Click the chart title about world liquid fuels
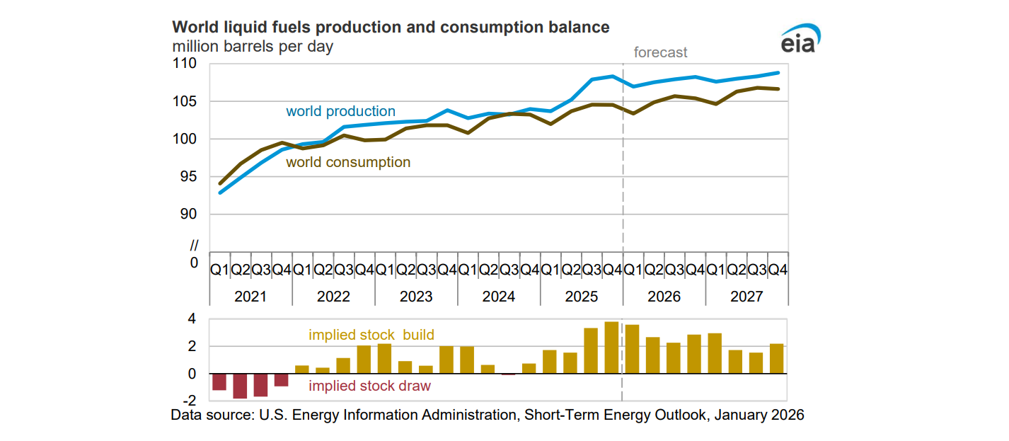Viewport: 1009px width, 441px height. [x=391, y=28]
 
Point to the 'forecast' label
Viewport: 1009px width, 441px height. [x=660, y=52]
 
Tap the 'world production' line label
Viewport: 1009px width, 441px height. [x=340, y=111]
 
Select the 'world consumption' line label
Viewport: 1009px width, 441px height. [x=347, y=162]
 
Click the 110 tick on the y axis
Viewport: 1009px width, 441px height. [x=186, y=64]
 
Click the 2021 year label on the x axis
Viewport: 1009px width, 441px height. [x=250, y=297]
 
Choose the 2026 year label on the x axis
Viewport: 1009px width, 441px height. [x=664, y=297]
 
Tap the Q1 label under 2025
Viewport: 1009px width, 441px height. [x=550, y=270]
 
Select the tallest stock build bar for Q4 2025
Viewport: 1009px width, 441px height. [x=611, y=348]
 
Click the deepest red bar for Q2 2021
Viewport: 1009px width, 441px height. [x=240, y=386]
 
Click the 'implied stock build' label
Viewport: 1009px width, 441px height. [x=371, y=335]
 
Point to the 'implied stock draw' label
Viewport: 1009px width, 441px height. [x=369, y=386]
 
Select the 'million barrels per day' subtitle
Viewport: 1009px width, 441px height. [x=253, y=47]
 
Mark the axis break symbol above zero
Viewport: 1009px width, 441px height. [x=194, y=246]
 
